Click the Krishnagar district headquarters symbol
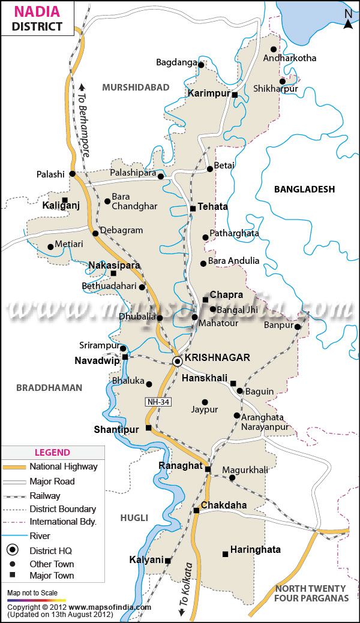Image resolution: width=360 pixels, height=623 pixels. point(178,361)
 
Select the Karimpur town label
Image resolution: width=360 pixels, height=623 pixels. point(208,94)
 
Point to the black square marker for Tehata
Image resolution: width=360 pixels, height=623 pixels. point(193,209)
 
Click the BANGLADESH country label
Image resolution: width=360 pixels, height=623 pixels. point(304,189)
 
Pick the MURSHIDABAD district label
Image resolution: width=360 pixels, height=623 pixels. point(136,88)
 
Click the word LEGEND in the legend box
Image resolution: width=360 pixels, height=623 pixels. point(52,453)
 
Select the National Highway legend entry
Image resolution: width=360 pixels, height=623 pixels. point(64,467)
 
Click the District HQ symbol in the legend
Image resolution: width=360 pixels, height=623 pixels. point(11,549)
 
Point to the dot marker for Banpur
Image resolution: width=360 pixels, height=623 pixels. point(298,326)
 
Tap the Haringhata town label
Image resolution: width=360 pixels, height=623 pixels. point(255,549)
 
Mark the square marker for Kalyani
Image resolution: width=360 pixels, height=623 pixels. point(168,561)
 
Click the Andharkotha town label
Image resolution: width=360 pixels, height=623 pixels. point(290,58)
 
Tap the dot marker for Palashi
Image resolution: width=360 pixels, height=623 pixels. point(72,173)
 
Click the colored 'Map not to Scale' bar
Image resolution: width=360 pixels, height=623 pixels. point(36,600)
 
